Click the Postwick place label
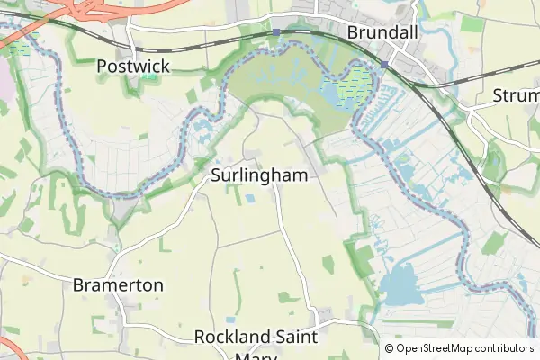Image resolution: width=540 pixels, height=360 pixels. coord(132,66)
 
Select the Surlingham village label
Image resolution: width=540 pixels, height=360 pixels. coord(259,175)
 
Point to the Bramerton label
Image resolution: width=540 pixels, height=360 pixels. coord(118,285)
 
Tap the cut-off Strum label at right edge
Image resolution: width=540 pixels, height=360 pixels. coord(516,95)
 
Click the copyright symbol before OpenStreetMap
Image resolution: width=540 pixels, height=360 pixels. coord(390,348)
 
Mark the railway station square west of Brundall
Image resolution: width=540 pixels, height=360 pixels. coord(277,32)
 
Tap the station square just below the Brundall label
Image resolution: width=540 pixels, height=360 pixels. coord(384,64)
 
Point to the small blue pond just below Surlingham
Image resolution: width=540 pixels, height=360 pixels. coord(249,198)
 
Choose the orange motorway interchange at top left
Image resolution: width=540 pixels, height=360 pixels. coord(85,9)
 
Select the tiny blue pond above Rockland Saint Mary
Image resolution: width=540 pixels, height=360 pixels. coord(231,319)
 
